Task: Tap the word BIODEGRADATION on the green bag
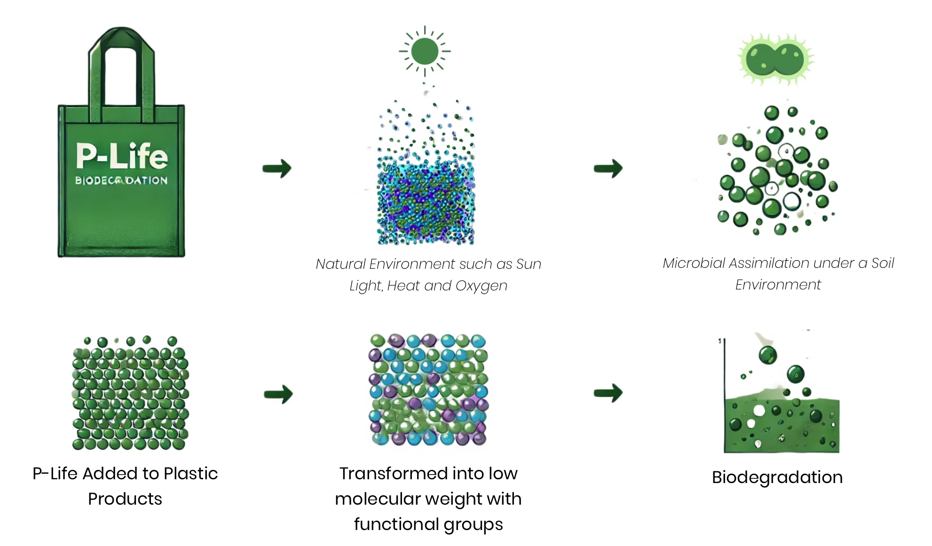click(121, 180)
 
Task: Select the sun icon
click(425, 51)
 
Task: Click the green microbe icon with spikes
click(776, 59)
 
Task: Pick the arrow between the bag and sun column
click(277, 168)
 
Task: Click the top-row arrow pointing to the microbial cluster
click(608, 168)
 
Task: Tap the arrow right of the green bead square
click(278, 394)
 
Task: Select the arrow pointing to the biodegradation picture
click(608, 393)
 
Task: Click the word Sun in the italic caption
click(529, 264)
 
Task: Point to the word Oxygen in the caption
click(482, 286)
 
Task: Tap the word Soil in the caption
click(882, 263)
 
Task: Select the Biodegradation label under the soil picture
click(777, 477)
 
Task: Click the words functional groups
click(428, 524)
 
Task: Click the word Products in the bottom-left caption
click(125, 499)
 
